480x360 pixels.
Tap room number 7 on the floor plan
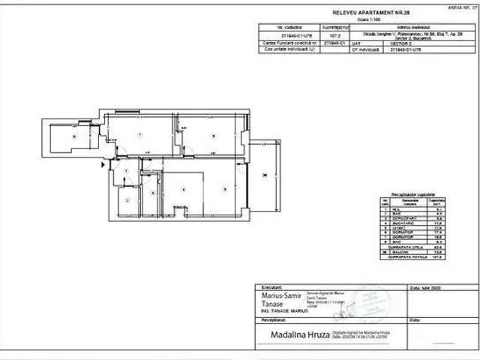[140, 135]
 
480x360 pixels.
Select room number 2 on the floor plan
[127, 200]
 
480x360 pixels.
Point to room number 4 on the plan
[183, 189]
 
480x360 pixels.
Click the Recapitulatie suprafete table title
[413, 193]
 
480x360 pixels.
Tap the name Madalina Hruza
[292, 334]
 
